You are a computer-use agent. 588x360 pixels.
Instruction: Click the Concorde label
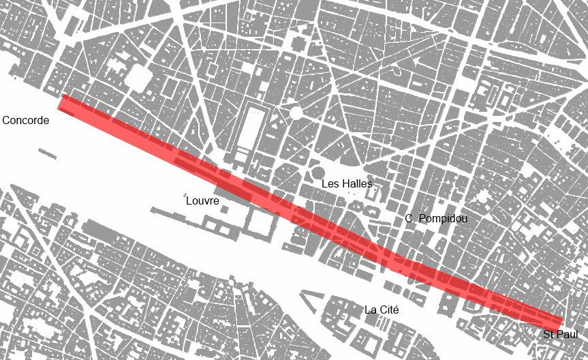coord(26,121)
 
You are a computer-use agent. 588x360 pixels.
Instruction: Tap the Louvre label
coord(202,201)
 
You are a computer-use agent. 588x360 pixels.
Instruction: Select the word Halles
coord(357,184)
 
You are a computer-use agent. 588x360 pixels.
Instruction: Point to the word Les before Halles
coord(330,184)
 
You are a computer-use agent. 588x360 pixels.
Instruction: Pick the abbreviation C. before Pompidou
coord(409,219)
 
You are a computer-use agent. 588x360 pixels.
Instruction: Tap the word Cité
coord(390,310)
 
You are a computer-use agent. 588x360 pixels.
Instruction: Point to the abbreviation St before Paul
coord(548,335)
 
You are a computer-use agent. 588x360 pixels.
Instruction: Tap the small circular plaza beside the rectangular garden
coord(296,112)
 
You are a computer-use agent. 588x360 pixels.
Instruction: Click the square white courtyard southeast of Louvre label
coord(260,222)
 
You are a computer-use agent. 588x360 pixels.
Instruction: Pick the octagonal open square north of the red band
coord(138,77)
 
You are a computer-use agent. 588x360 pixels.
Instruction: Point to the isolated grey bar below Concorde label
coord(46,153)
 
